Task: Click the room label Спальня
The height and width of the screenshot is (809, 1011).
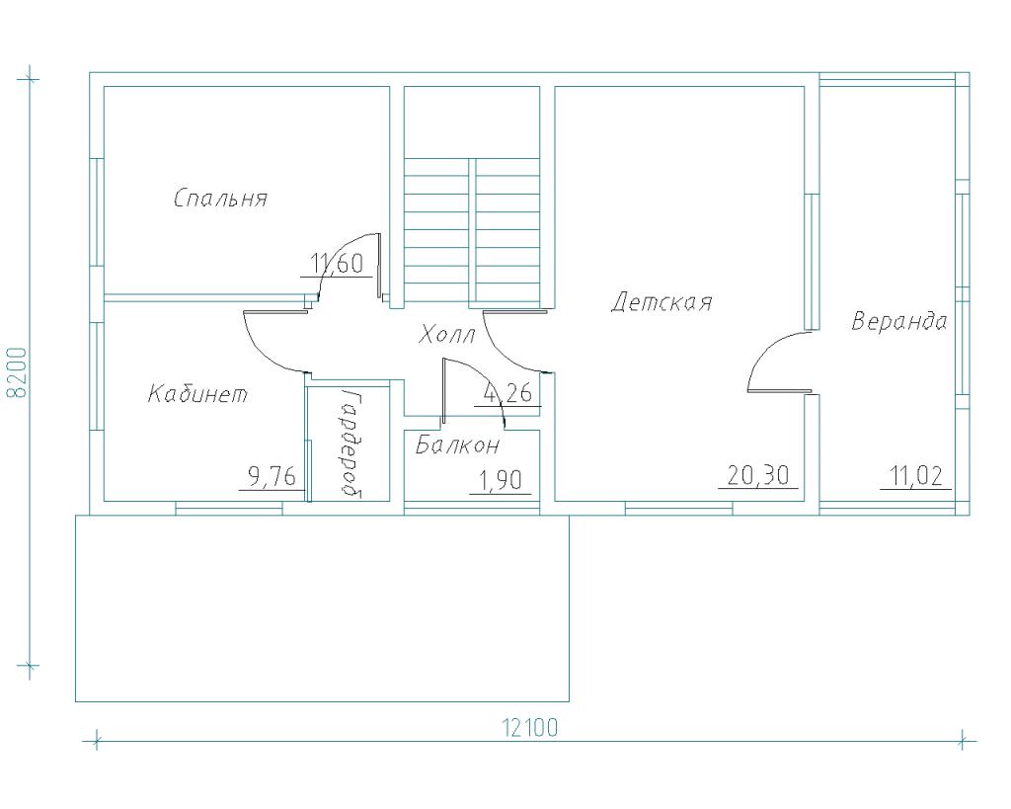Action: tap(220, 198)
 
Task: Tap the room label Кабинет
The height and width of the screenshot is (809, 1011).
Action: tap(197, 393)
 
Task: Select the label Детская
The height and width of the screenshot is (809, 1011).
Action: tap(662, 302)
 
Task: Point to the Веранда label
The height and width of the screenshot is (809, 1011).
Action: tap(899, 321)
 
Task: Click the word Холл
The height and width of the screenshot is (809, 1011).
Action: tap(447, 336)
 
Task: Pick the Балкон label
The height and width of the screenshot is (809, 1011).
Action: tap(458, 445)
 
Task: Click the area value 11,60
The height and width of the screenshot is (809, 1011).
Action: tap(337, 264)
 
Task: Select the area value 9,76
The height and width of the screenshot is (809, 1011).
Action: tap(272, 477)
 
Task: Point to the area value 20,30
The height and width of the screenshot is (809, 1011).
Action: tap(758, 475)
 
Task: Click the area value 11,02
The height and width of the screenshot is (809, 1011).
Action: tap(916, 477)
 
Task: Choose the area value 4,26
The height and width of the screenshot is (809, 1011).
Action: tap(508, 393)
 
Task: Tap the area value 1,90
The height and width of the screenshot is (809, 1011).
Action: tap(501, 481)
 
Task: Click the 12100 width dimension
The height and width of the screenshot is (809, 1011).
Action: tap(530, 728)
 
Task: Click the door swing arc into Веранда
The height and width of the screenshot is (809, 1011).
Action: tap(766, 349)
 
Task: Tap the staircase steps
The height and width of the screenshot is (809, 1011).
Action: tap(472, 230)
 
